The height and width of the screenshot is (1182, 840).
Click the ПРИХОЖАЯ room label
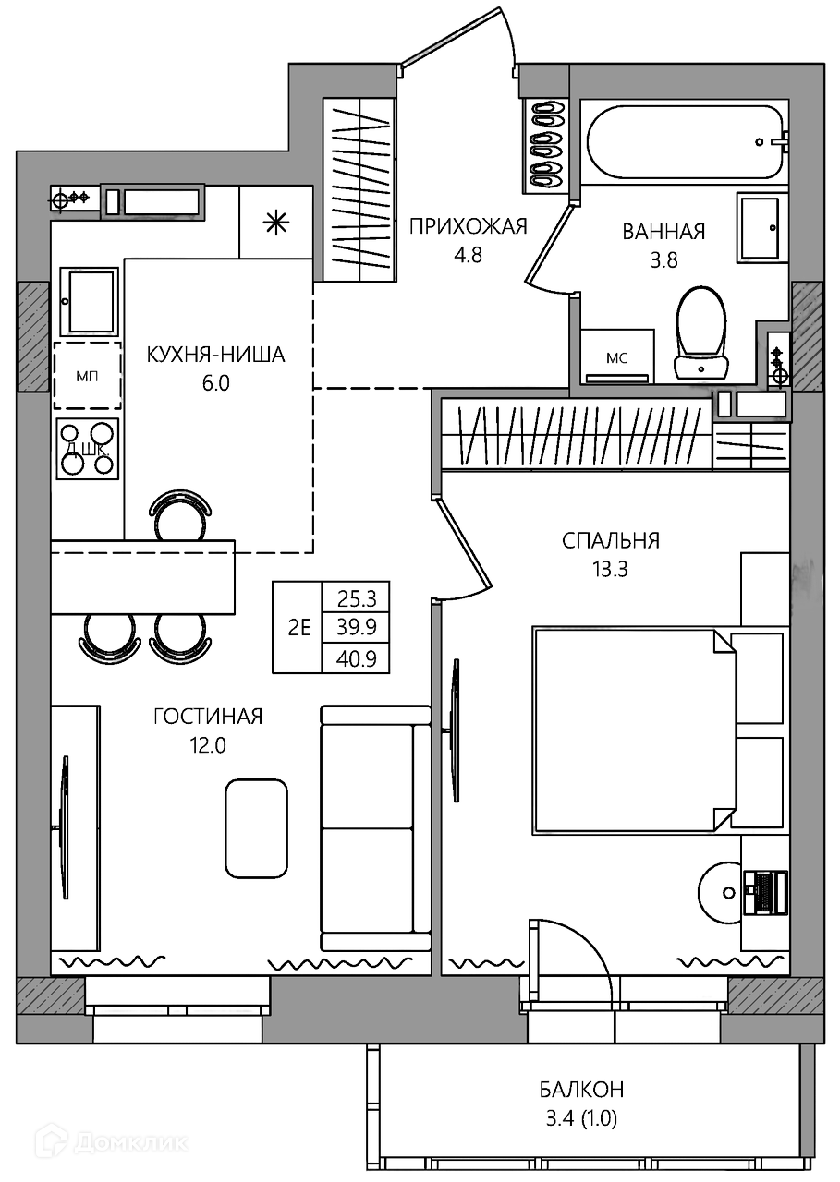click(x=469, y=226)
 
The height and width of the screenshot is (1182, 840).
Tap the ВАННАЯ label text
click(x=663, y=232)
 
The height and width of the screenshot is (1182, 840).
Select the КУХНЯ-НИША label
click(x=215, y=355)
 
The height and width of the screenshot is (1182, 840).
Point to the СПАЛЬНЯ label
click(x=610, y=540)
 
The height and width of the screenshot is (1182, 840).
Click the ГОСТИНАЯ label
click(x=208, y=717)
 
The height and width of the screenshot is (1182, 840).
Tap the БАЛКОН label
click(x=581, y=1089)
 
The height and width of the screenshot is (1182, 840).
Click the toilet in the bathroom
click(x=700, y=333)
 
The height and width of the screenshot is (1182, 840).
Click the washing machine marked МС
click(x=616, y=356)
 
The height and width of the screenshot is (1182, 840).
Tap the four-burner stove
click(x=88, y=449)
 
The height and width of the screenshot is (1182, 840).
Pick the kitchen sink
click(x=89, y=301)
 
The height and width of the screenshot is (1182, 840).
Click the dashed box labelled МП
click(x=88, y=376)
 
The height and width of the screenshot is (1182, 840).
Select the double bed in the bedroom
click(x=634, y=731)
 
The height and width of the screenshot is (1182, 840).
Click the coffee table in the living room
click(x=257, y=828)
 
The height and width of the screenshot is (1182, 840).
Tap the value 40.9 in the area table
click(x=356, y=658)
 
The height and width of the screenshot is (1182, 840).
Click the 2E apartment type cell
click(x=298, y=628)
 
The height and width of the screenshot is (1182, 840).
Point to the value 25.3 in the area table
click(x=356, y=598)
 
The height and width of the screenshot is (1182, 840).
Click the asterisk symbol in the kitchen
click(x=276, y=223)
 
